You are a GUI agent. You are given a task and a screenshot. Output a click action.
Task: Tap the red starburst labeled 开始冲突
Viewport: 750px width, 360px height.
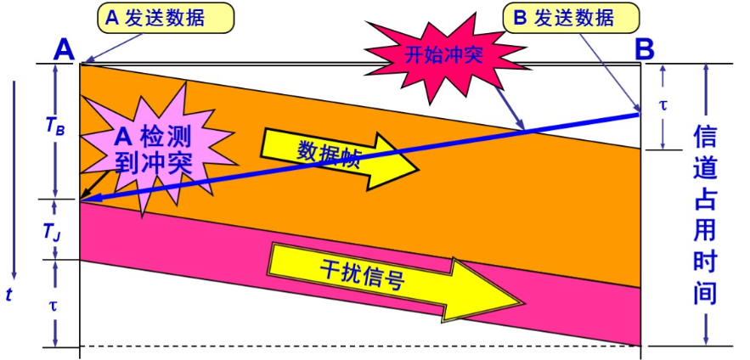[443, 56]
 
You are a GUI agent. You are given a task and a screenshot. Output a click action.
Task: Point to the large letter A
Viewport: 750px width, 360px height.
[65, 48]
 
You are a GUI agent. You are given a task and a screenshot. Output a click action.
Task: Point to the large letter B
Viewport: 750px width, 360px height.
[645, 48]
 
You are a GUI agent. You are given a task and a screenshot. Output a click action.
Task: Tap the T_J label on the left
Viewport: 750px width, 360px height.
[53, 230]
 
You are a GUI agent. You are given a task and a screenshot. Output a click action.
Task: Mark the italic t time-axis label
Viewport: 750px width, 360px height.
[9, 295]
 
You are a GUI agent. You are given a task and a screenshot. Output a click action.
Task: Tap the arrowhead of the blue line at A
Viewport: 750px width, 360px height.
[85, 200]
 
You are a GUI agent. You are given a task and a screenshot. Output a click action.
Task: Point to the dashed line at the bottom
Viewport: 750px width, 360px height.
[357, 346]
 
